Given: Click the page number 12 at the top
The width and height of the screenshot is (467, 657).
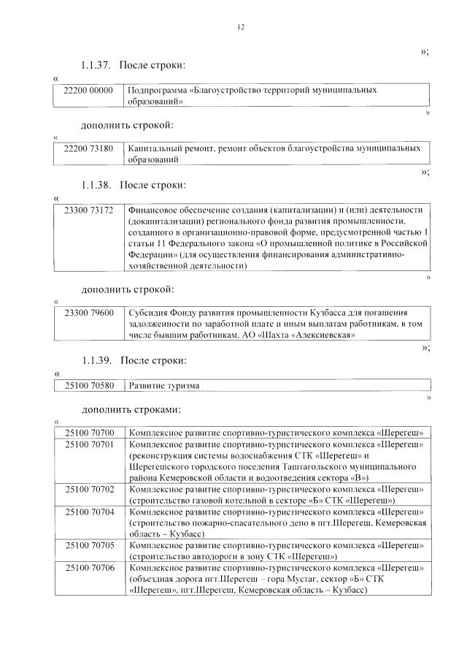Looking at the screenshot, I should (240, 27).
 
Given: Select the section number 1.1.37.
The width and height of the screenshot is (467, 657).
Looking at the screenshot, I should (96, 66).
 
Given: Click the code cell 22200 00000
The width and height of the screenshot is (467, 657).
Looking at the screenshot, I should (89, 90).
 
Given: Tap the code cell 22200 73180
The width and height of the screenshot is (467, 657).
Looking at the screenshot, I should (89, 148).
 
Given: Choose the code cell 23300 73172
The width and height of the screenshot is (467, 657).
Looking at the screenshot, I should (89, 210).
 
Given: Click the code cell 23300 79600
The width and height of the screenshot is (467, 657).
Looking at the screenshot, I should (89, 312).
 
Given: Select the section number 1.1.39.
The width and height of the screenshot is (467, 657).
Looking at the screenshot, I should (96, 360).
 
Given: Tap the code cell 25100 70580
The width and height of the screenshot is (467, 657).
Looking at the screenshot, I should (89, 385).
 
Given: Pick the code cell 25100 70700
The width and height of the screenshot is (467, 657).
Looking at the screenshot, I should (89, 433).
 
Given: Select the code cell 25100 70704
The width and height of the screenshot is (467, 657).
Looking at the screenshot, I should (89, 512).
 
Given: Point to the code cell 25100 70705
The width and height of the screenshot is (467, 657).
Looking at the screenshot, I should (89, 544).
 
